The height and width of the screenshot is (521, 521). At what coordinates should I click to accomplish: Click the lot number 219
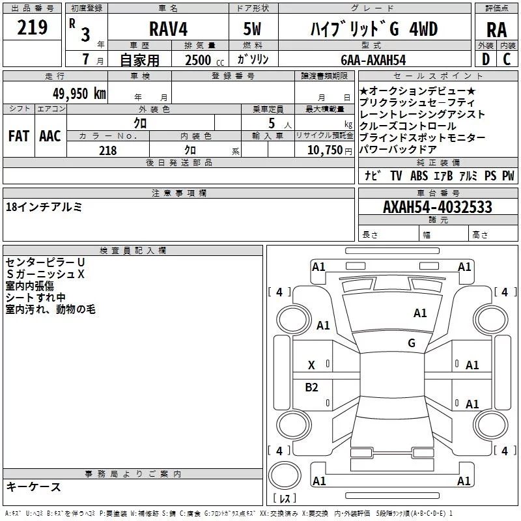(32, 27)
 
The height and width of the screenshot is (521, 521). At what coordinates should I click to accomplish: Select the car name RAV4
(168, 29)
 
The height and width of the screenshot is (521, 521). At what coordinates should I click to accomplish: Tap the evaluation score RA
(496, 30)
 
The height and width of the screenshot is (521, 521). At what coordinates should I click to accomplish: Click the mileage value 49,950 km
(79, 94)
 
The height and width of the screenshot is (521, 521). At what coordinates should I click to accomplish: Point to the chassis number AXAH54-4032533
(437, 206)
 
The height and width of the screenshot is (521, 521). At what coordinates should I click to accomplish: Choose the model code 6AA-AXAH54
(373, 60)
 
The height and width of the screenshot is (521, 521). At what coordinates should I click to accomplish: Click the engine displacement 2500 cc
(204, 60)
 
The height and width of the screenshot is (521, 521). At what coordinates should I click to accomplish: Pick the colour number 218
(107, 150)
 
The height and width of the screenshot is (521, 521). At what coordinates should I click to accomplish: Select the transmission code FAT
(19, 136)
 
